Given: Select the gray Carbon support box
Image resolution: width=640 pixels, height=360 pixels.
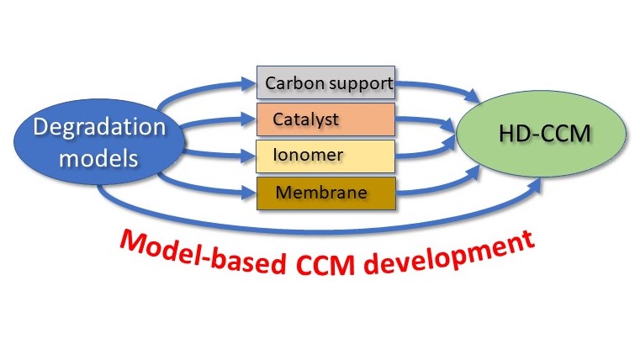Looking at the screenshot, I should (325, 83).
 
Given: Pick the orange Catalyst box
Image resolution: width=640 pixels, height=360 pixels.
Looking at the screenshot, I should (325, 119).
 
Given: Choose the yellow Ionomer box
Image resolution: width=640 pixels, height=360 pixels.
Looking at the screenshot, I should (325, 156).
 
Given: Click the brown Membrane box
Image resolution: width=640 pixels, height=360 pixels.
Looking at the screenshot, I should (325, 193).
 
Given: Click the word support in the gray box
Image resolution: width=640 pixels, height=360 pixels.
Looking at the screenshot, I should (357, 83).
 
